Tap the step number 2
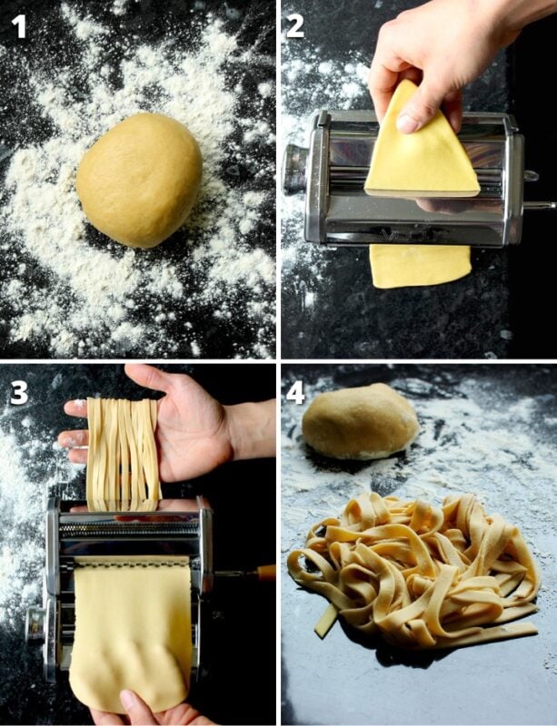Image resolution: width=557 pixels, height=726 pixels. click(296, 25)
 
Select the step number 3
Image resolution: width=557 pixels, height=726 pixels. click(19, 392)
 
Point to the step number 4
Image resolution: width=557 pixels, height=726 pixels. click(296, 393)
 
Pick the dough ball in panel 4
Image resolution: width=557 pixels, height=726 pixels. click(360, 421)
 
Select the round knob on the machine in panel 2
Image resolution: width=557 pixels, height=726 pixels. click(295, 168)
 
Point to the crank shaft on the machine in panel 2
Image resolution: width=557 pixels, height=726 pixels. click(539, 206)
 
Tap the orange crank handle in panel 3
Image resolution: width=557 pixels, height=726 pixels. click(265, 573)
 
